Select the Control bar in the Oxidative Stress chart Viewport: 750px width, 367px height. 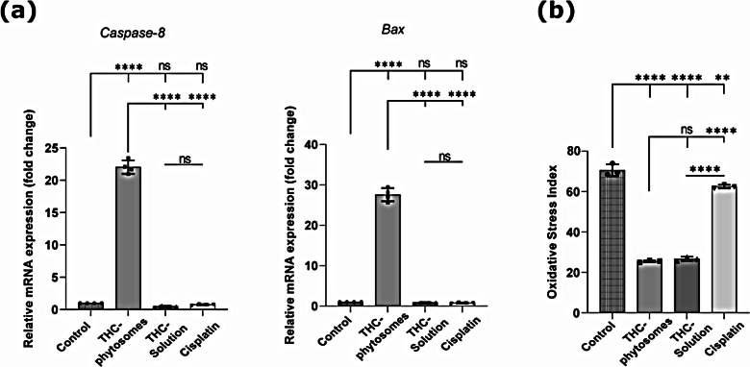pyautogui.click(x=612, y=241)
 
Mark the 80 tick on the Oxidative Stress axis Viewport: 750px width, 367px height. pyautogui.click(x=582, y=152)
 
